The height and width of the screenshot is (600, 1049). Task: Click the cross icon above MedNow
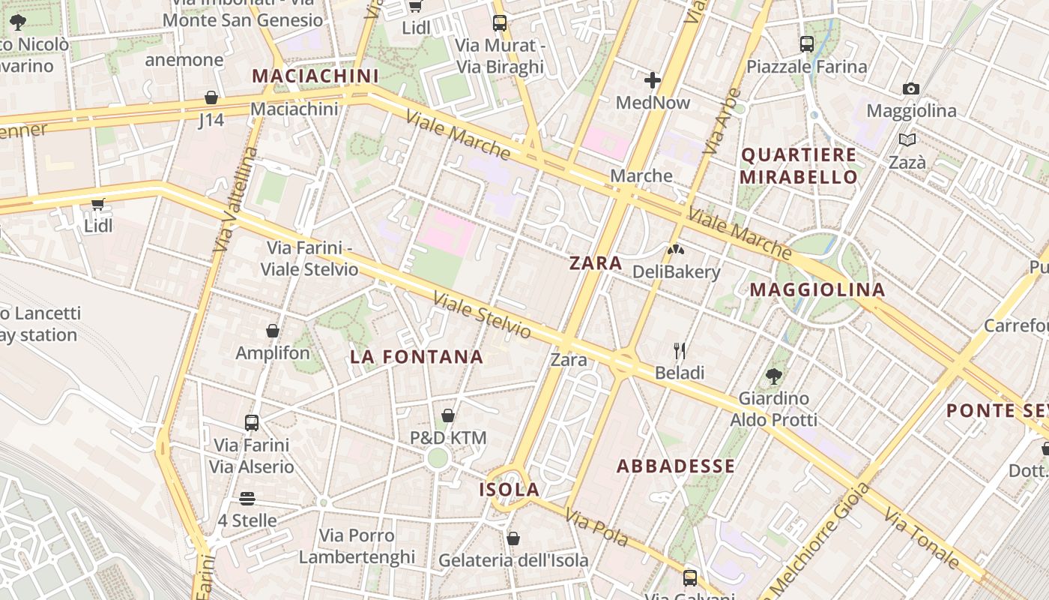click(653, 79)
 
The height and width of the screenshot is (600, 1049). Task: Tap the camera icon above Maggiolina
click(911, 88)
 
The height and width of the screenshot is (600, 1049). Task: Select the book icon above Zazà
click(907, 139)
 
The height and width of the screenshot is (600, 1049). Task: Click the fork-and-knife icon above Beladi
click(680, 350)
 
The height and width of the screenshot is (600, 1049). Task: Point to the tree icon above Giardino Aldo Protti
click(774, 376)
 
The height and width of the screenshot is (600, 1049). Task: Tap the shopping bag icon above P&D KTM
click(448, 415)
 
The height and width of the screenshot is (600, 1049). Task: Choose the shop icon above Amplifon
click(273, 331)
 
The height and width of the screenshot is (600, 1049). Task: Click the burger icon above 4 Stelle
click(247, 498)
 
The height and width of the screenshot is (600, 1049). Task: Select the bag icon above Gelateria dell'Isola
click(513, 538)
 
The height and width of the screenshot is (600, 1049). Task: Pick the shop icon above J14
click(211, 98)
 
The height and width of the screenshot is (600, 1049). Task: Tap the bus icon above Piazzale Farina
click(807, 44)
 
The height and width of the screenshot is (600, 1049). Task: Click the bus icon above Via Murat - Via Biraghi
click(500, 23)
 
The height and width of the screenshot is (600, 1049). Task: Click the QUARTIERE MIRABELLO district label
click(799, 166)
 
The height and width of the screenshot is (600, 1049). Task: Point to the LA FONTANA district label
click(417, 357)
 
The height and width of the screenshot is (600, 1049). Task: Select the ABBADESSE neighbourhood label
click(676, 466)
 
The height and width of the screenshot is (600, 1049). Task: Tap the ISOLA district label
click(510, 490)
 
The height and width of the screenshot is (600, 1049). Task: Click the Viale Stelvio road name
click(483, 316)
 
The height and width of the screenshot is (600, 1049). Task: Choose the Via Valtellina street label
click(235, 199)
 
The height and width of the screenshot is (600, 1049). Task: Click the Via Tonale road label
click(921, 538)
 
